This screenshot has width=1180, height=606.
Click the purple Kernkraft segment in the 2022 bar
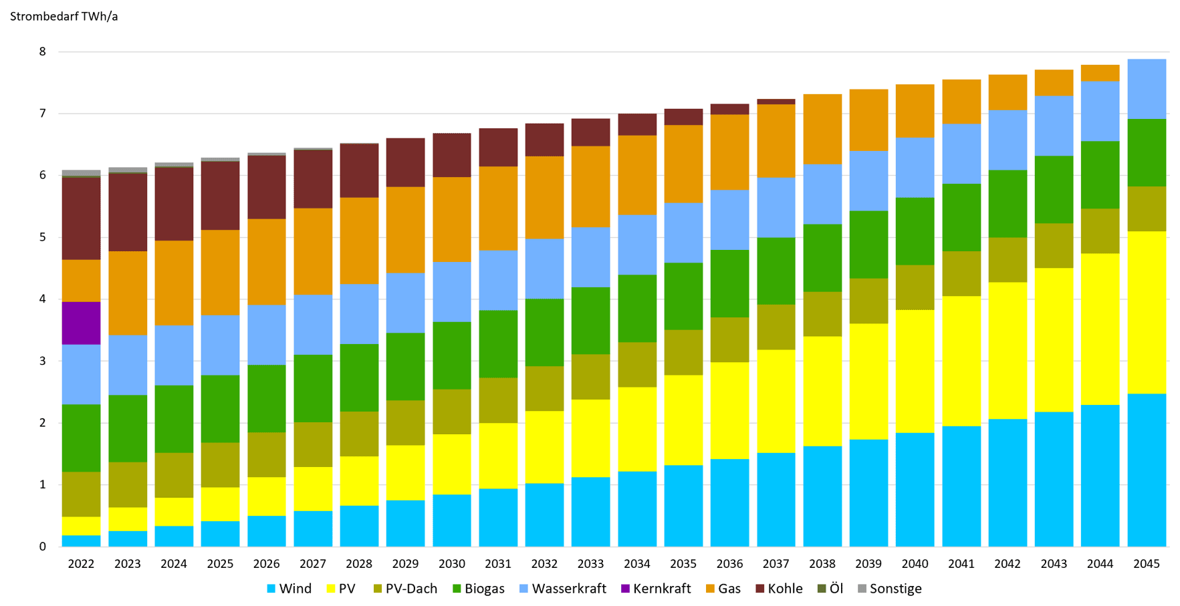pos(81,323)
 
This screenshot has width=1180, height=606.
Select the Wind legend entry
pos(289,589)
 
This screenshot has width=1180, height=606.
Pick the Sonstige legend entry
pos(889,589)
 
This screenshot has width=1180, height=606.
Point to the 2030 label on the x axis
pos(451,564)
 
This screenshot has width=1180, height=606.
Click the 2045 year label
pos(1146,564)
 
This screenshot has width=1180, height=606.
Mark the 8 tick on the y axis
pos(43,52)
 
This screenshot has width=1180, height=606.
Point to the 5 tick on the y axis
pos(43,237)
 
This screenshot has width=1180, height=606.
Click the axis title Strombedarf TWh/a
pos(64,17)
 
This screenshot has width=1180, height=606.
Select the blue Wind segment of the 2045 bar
pos(1146,470)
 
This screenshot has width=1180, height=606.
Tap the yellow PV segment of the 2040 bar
pos(915,371)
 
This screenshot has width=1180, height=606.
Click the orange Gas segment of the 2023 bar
pos(128,293)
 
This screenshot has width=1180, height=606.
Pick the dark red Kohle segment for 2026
pos(266,187)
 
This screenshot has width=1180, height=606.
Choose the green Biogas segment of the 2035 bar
pos(683,296)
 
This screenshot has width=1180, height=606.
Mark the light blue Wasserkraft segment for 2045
pos(1146,89)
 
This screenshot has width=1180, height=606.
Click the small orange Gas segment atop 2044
pos(1100,73)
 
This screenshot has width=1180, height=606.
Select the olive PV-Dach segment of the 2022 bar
pos(81,494)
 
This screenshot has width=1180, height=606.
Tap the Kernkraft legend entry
pos(655,589)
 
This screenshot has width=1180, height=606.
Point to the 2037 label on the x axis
pos(776,564)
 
